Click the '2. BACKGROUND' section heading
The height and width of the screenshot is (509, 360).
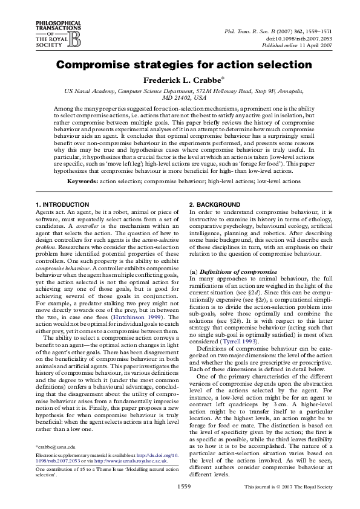click(214, 205)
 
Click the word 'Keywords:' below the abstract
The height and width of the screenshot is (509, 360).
click(82, 181)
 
